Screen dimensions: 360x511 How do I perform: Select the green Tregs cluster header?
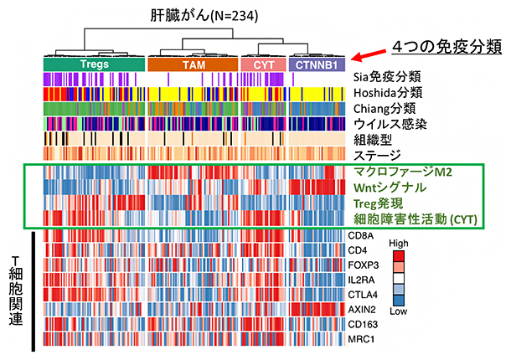[x=93, y=64]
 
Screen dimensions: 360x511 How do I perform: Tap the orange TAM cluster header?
[x=193, y=64]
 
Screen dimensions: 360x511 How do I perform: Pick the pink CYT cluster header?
[x=263, y=64]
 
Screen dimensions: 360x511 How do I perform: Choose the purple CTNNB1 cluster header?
[x=317, y=64]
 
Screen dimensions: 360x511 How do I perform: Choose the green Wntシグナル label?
[x=390, y=187]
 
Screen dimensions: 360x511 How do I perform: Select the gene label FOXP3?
[x=363, y=265]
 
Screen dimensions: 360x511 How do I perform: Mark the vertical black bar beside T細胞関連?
[x=33, y=289]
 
